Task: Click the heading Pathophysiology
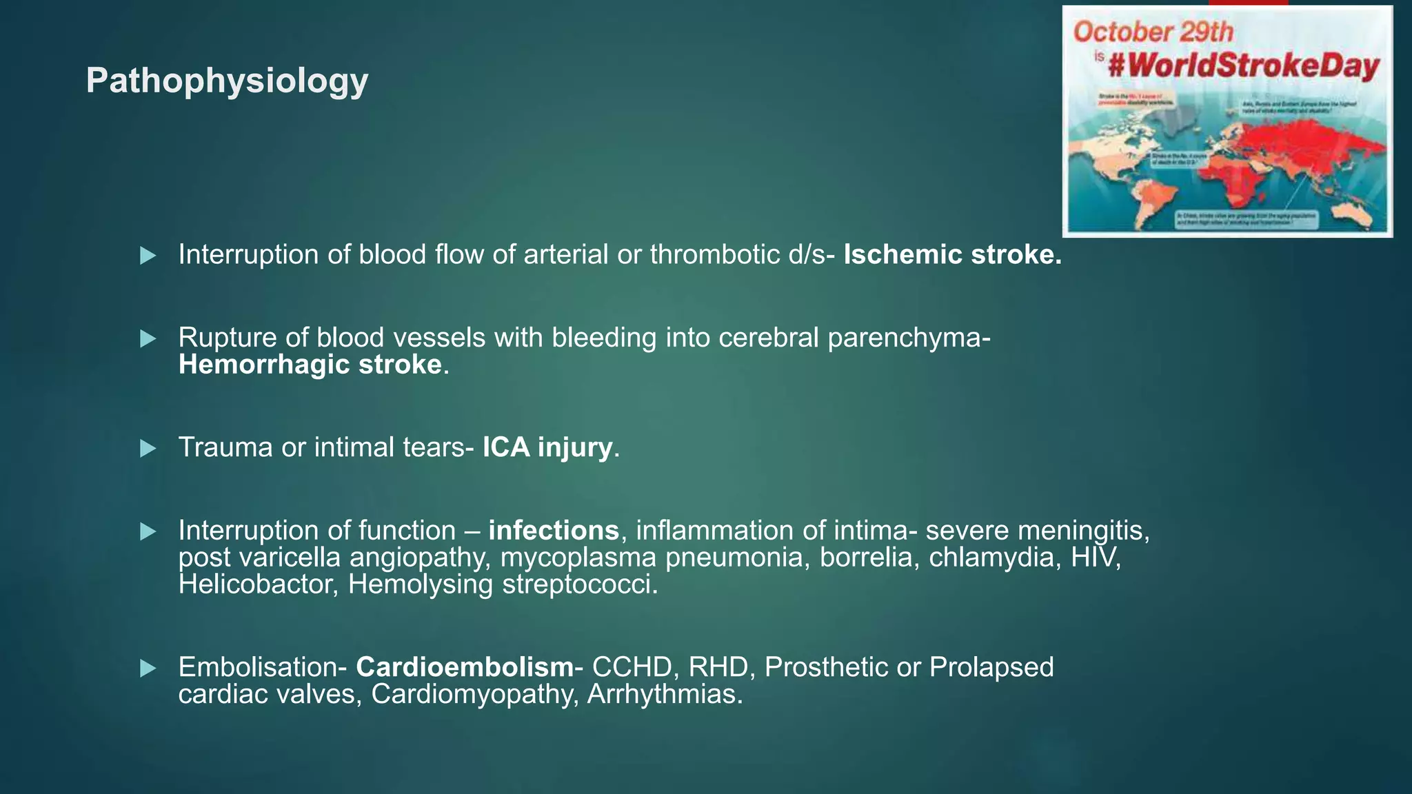click(227, 81)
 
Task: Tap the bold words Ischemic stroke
click(952, 255)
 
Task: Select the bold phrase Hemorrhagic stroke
click(310, 365)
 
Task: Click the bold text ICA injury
click(547, 447)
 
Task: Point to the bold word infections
click(554, 531)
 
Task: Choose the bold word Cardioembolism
click(465, 667)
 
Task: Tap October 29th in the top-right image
click(1153, 32)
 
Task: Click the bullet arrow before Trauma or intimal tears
click(148, 449)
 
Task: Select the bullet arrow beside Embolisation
click(148, 669)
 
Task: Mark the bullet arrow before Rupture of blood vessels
click(148, 338)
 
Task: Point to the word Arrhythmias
click(665, 694)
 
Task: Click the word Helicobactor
click(258, 584)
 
